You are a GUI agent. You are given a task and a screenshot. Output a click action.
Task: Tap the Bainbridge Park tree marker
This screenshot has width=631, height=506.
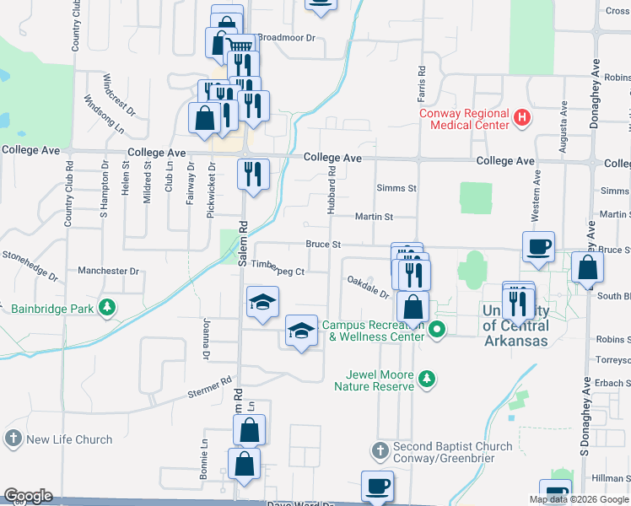(x=106, y=308)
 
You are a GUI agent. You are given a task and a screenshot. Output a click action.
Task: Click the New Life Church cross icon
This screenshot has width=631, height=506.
(x=13, y=439)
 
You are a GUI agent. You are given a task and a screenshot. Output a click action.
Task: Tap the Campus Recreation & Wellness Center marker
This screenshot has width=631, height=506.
(x=436, y=330)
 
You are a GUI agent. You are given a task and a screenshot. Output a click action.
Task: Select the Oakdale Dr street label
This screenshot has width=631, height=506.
(x=367, y=288)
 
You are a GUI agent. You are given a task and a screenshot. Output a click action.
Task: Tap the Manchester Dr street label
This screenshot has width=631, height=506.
(x=107, y=272)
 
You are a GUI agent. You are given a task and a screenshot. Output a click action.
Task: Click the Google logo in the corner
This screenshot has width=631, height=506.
(x=28, y=496)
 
